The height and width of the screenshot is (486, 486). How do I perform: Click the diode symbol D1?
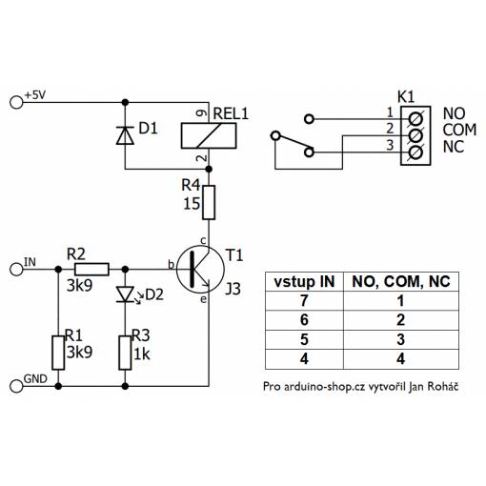[125, 135]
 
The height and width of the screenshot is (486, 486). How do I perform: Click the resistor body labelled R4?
[209, 202]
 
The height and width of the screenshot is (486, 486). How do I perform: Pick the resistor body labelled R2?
[91, 269]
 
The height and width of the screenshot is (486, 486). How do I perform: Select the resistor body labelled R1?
[58, 353]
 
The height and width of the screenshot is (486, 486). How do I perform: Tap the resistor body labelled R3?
[125, 353]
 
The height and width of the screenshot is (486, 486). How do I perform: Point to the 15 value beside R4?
[192, 204]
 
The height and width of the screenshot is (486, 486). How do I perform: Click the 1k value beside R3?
[141, 354]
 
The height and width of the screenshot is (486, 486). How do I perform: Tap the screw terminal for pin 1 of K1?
[415, 119]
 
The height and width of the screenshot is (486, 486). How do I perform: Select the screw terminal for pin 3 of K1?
[415, 152]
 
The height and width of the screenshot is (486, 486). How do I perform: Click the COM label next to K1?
[459, 130]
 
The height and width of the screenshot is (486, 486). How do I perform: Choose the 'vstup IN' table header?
[304, 282]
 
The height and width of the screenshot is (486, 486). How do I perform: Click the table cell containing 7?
[304, 301]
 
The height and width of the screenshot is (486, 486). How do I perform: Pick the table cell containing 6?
[304, 320]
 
